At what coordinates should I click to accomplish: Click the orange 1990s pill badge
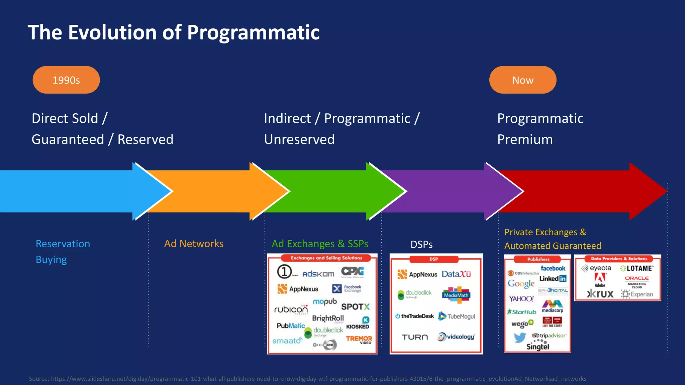point(66,80)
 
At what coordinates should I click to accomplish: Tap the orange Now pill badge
point(522,80)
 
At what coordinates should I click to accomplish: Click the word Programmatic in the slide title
point(253,32)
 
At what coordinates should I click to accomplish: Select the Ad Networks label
point(194,244)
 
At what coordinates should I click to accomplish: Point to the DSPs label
point(421,245)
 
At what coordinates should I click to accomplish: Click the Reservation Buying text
point(63,251)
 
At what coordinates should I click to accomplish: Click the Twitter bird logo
point(520,338)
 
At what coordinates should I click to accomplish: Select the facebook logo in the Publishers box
point(553,268)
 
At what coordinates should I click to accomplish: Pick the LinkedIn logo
point(553,278)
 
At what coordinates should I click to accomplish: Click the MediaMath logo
point(456,295)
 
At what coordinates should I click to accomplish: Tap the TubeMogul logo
point(457,316)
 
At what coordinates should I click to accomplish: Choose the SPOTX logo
point(355,307)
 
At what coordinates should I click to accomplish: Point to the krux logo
point(600,294)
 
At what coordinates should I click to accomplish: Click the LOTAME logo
point(637,268)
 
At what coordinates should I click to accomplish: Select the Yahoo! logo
point(521,298)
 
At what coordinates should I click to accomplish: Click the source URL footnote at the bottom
point(307,379)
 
